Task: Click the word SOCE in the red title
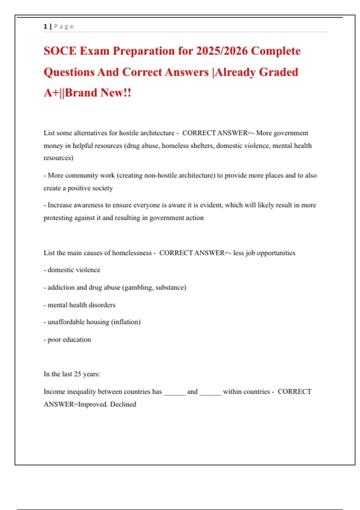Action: click(x=60, y=51)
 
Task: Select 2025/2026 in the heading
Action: click(x=222, y=51)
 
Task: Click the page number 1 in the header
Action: click(x=45, y=26)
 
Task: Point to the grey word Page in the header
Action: click(x=64, y=26)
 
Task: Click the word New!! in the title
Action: click(x=116, y=93)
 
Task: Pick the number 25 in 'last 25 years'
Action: click(x=77, y=374)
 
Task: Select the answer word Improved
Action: click(x=93, y=404)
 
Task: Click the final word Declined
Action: click(x=123, y=404)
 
